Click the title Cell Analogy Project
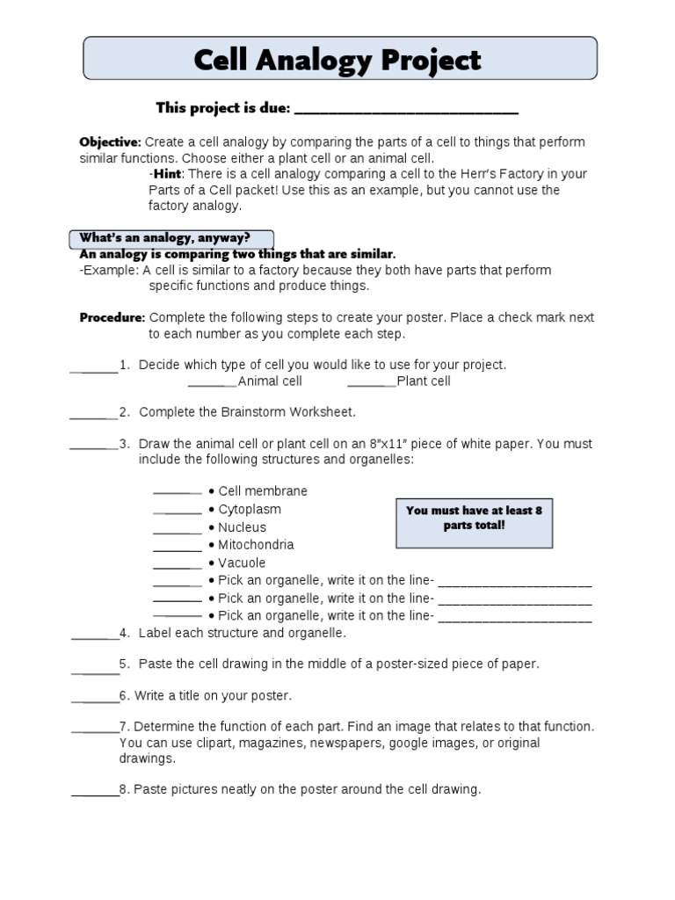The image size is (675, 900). (337, 61)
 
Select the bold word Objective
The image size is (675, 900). (110, 142)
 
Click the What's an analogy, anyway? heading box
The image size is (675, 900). (171, 238)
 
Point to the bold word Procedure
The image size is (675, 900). (112, 317)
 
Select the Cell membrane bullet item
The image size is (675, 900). (262, 491)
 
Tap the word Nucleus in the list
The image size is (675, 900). (242, 527)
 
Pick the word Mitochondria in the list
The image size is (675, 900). (256, 545)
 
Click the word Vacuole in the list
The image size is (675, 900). (242, 562)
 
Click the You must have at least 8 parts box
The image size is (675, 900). (474, 518)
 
